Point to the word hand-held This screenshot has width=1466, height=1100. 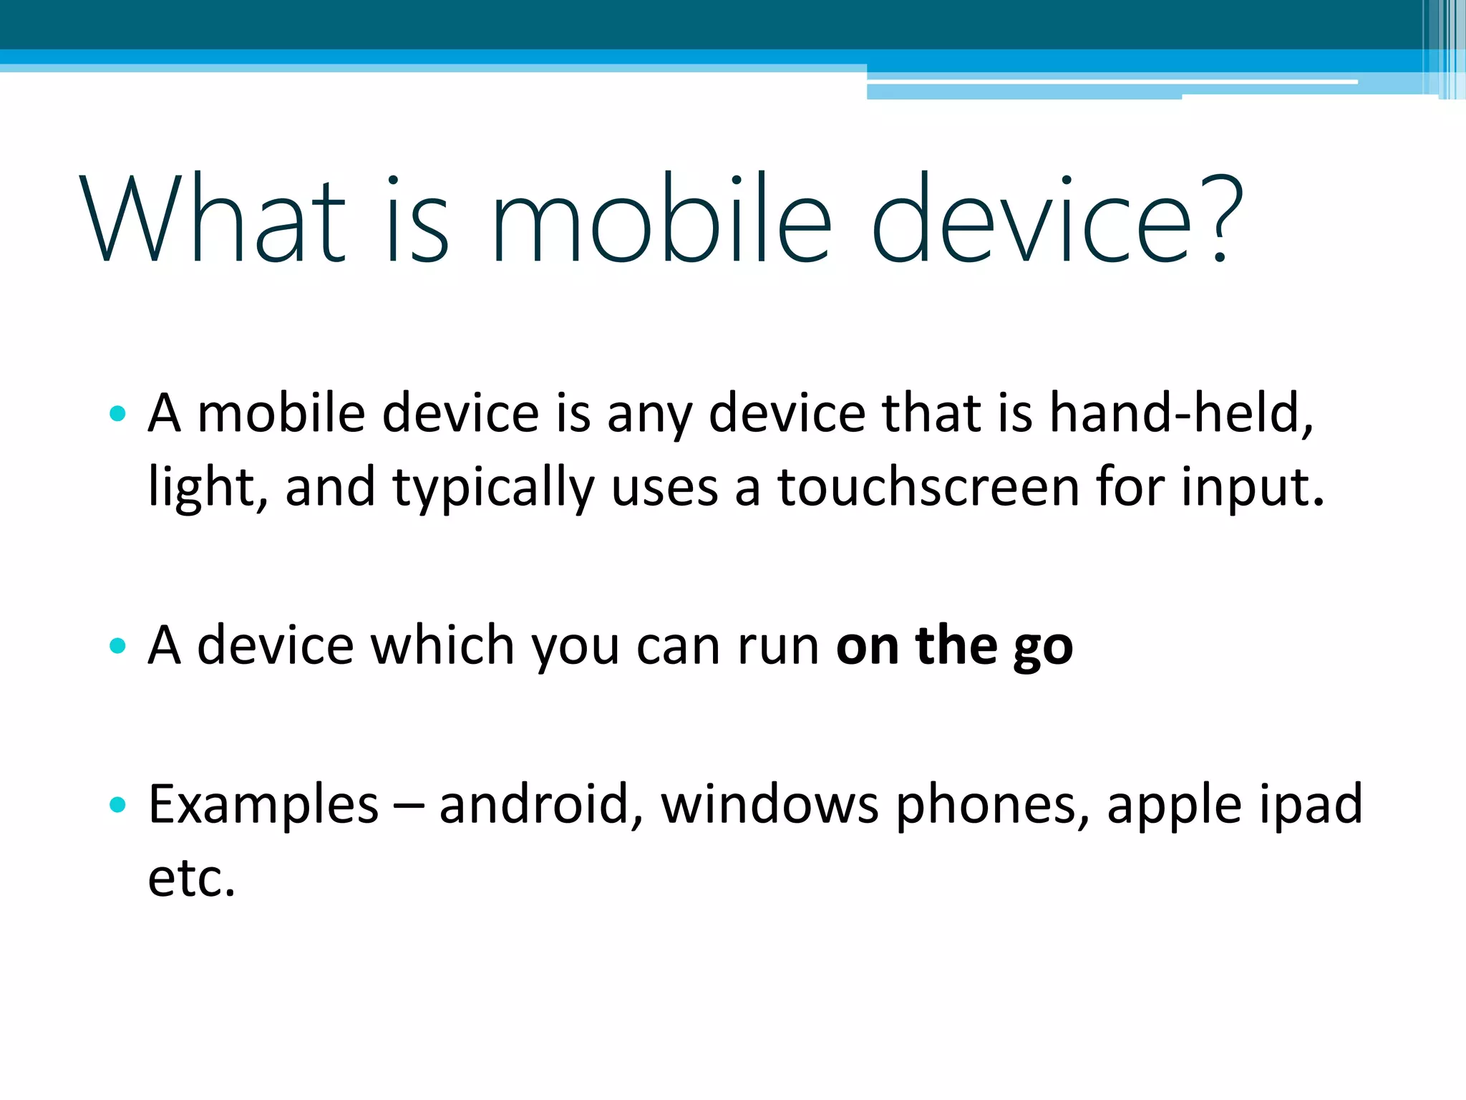pyautogui.click(x=1181, y=414)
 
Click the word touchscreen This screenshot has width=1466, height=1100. pyautogui.click(x=928, y=487)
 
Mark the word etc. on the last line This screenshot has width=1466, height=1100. pyautogui.click(x=192, y=878)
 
